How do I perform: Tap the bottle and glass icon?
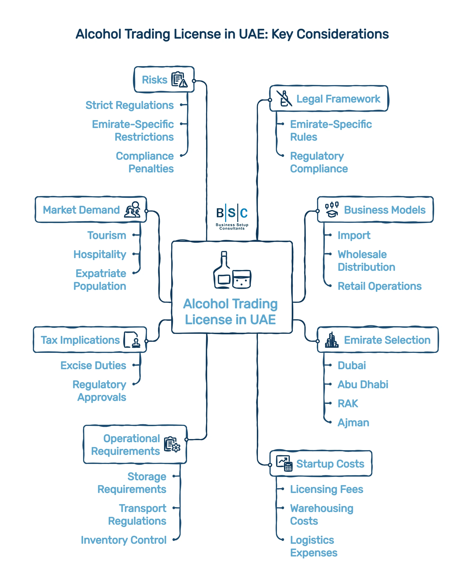pos(232,270)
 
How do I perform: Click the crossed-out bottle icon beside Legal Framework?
pos(284,98)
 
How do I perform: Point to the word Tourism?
pos(106,235)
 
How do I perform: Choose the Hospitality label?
pos(100,254)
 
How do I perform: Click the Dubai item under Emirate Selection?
pos(351,365)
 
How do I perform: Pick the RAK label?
pos(347,403)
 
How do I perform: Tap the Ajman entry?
pos(353,422)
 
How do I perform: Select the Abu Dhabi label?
pos(363,384)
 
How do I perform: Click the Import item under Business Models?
pos(354,235)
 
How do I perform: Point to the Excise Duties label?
pos(93,365)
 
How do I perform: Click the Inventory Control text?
pos(123,540)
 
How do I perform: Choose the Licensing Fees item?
pos(326,489)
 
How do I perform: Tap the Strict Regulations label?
pos(129,105)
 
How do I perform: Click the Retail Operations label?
pos(379,286)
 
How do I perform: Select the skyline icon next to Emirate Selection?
pos(331,340)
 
